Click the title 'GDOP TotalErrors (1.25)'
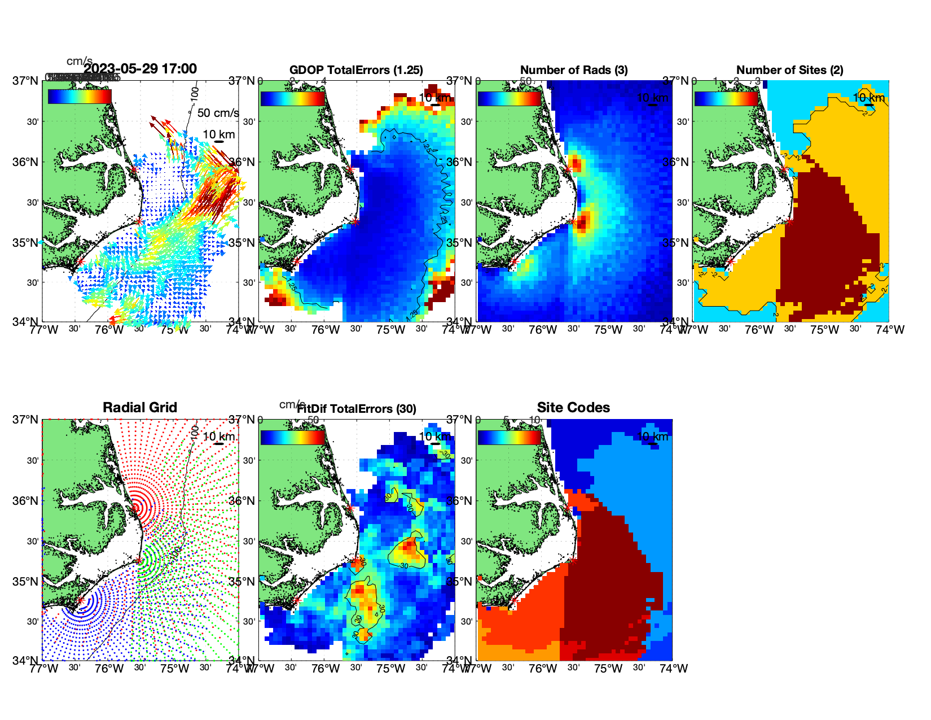click(356, 70)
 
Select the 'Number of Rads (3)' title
click(574, 70)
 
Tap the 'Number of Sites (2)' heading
click(789, 70)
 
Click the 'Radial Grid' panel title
click(140, 408)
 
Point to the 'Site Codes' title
click(573, 408)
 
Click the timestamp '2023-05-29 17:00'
click(140, 69)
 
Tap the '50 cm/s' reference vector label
click(218, 113)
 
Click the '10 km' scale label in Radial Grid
click(219, 437)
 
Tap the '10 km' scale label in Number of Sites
click(868, 98)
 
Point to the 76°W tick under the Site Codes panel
click(543, 669)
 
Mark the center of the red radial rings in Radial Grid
click(135, 508)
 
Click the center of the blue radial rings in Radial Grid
click(81, 601)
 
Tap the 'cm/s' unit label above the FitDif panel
click(292, 404)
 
